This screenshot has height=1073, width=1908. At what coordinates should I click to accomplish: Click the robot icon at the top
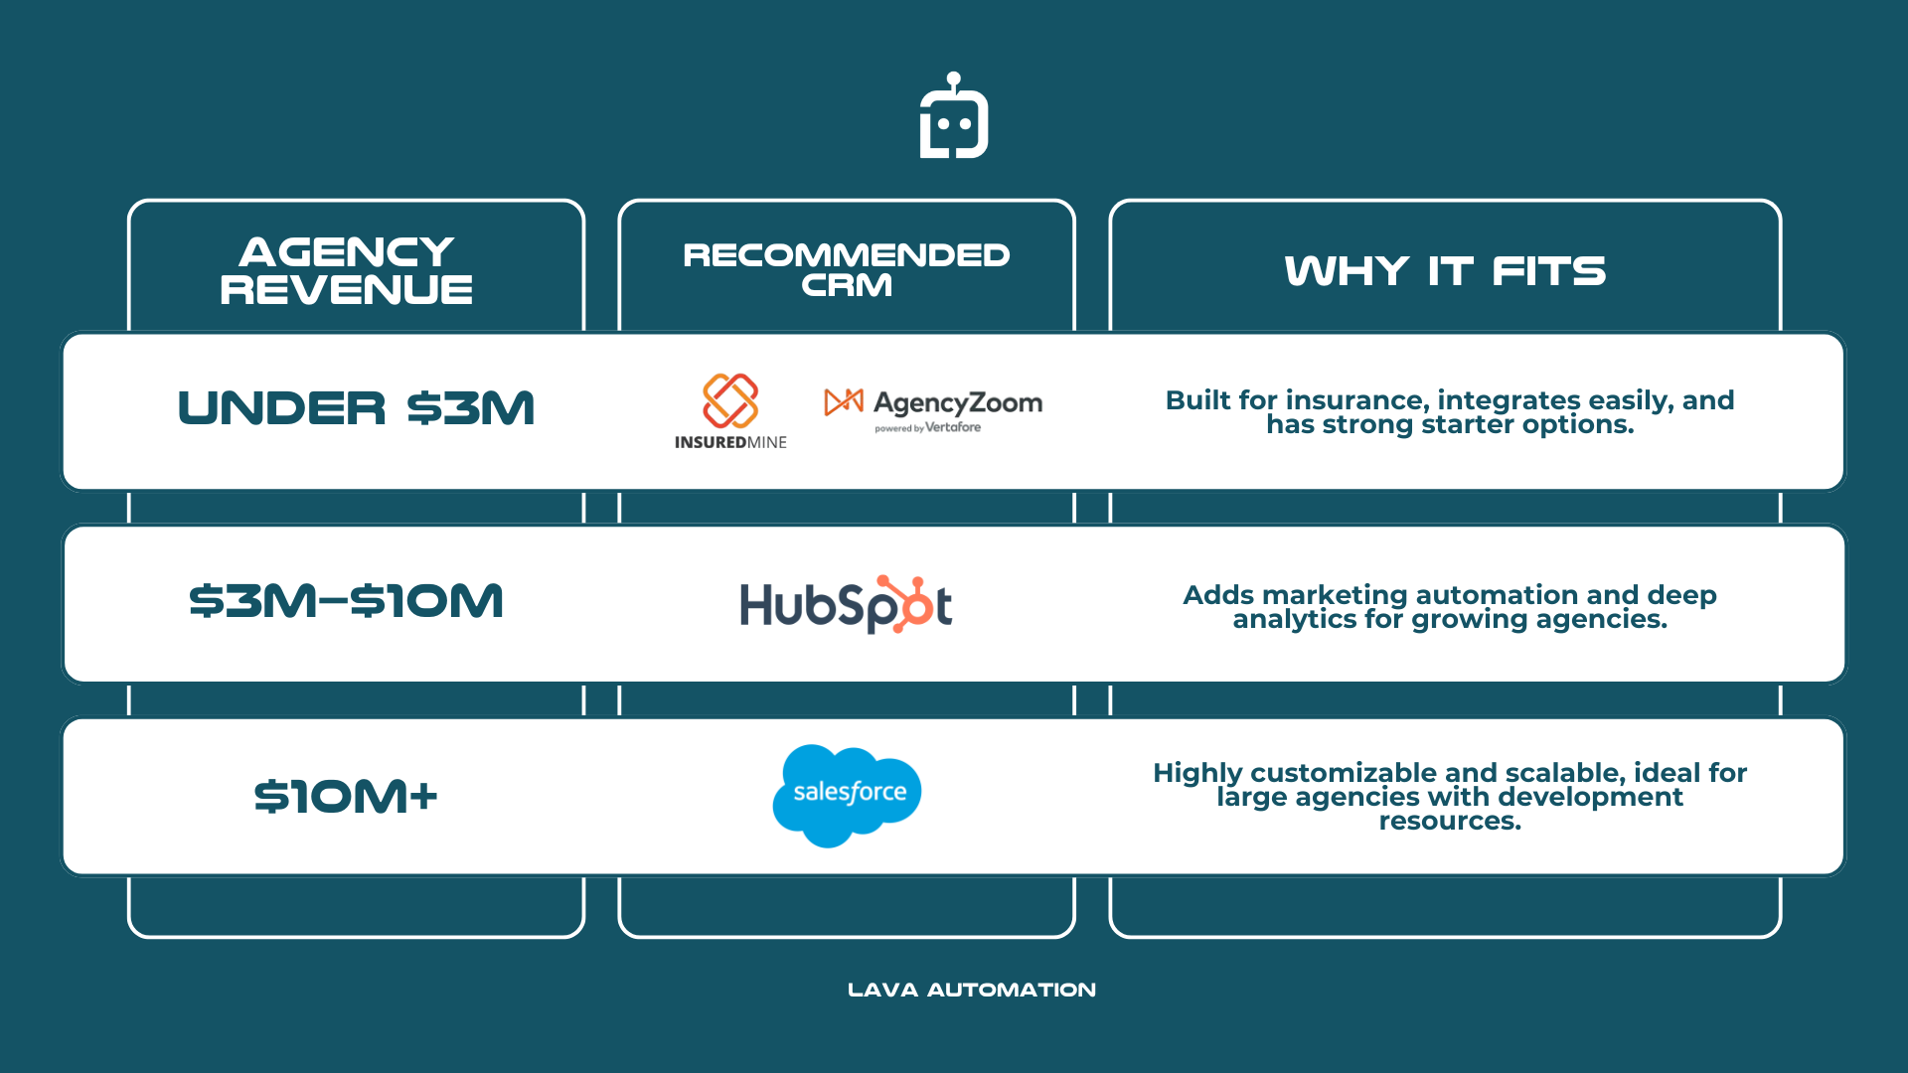coord(953,117)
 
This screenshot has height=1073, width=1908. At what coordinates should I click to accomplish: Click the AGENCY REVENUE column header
coord(346,270)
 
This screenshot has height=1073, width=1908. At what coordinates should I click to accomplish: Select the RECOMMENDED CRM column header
coord(847,269)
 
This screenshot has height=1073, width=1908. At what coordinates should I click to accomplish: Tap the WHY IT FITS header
coord(1445,270)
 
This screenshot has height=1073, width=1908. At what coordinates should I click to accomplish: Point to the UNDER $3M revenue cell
coord(356,408)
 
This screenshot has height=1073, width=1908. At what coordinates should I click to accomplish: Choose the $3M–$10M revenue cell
coord(346,601)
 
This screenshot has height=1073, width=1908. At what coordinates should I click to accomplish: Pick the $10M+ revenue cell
coord(346,796)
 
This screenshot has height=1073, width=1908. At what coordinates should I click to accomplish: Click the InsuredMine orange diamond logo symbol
coord(730,400)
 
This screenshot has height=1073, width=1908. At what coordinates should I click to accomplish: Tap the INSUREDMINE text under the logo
coord(730,443)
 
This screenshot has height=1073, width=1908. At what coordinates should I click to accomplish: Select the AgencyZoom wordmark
coord(957,402)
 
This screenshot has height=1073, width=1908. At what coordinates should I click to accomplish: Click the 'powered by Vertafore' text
coord(927,428)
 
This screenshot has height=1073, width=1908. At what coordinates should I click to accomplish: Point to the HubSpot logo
coord(846,604)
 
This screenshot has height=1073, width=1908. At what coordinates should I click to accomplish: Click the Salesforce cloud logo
coord(847,794)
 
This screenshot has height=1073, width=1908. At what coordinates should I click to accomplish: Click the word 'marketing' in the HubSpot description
coord(1336,595)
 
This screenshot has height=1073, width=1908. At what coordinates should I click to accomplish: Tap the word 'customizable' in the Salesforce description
coord(1343,773)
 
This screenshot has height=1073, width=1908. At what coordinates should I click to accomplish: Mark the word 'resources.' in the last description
coord(1450,822)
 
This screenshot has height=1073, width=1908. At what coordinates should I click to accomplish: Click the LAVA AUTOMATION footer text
coord(971,990)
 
